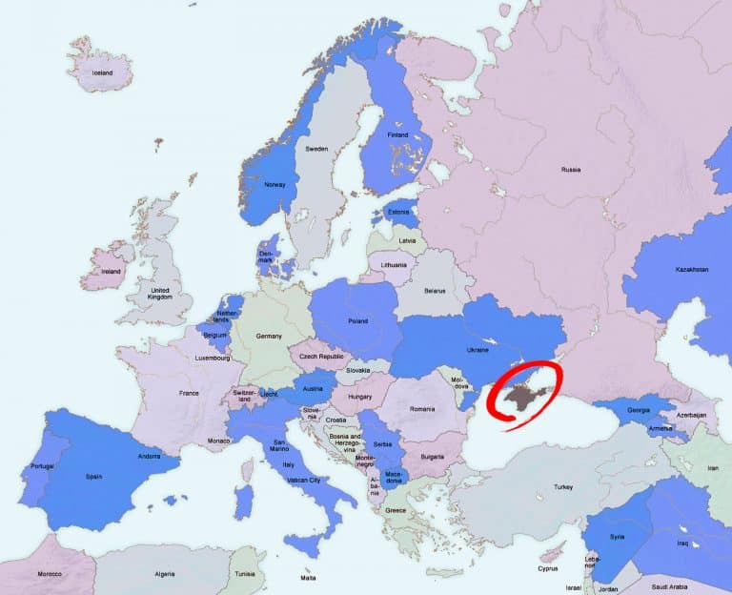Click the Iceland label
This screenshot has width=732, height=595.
coord(102,73)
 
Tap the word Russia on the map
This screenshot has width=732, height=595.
coord(570,170)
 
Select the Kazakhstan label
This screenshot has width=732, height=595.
coord(692,270)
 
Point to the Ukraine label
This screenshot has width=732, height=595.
coord(477,349)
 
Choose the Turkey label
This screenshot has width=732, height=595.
coord(562,486)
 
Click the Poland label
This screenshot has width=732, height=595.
coord(357,321)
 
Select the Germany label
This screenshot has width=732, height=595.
coord(270,337)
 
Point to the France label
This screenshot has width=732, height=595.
coord(189,393)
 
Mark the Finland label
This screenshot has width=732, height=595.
coord(397,135)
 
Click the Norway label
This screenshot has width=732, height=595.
coord(274,186)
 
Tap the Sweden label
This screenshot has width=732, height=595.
coord(316,149)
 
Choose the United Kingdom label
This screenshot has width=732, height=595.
coord(159,294)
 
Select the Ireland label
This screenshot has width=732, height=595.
coord(112,271)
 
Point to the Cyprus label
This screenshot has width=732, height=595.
coord(547,569)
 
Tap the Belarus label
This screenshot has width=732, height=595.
coord(436,290)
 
